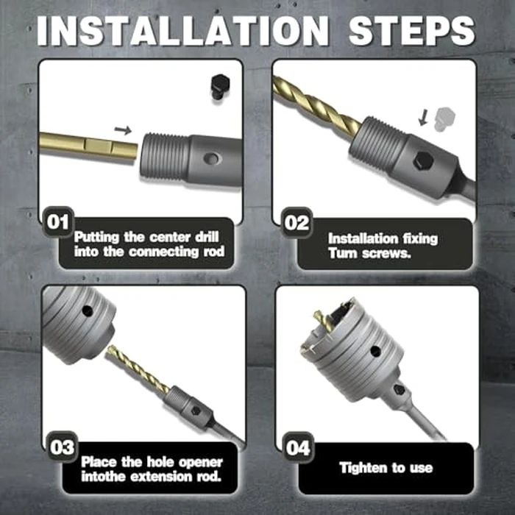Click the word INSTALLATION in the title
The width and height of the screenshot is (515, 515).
pos(182,31)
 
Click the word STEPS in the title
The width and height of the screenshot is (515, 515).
pos(412,31)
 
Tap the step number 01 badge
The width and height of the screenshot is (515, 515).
pos(58,222)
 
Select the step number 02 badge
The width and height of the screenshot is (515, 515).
pos(296,223)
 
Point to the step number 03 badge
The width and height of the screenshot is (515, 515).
pos(62,447)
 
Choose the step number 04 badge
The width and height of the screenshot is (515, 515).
pos(298,447)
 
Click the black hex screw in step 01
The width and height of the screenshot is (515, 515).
pos(219,87)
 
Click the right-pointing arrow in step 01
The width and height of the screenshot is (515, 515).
pos(123,130)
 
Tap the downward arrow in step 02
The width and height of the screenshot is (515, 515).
pos(424,118)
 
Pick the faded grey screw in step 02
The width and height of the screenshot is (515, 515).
pos(445,119)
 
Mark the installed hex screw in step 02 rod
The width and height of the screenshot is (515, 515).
pos(423,161)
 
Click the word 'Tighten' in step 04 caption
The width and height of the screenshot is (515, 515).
pos(363,467)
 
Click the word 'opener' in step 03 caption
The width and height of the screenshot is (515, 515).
pos(200,462)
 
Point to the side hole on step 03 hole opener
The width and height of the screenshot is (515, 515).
pos(88,310)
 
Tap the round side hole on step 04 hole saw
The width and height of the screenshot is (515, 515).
pos(375,351)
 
